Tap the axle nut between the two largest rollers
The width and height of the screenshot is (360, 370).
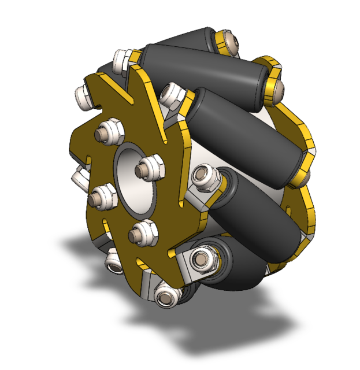[206, 179]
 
